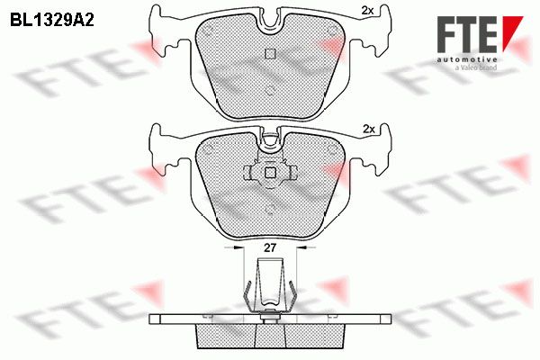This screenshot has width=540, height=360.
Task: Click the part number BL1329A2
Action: click(52, 20)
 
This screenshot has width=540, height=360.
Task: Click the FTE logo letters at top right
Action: click(466, 34)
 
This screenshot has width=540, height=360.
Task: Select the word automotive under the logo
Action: click(466, 59)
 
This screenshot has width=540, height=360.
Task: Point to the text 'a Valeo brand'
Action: click(476, 67)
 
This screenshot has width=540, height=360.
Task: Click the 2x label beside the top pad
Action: click(367, 11)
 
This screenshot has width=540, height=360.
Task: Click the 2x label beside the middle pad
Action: click(368, 130)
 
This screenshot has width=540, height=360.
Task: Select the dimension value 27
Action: click(270, 247)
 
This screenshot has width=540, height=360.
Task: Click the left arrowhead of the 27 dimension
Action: click(238, 247)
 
